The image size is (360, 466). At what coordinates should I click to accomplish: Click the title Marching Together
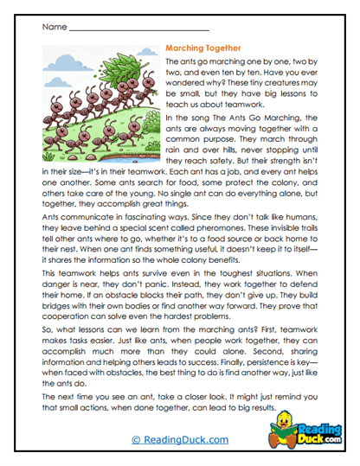pyautogui.click(x=202, y=49)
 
